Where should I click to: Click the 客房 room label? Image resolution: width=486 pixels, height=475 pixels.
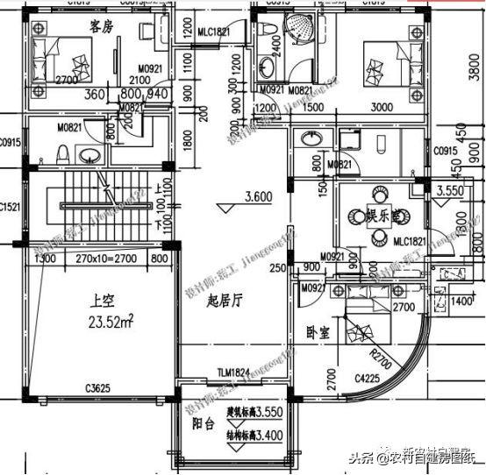click(x=103, y=26)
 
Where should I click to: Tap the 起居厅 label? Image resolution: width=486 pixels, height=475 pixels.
click(x=224, y=300)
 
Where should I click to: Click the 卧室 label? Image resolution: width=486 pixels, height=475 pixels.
click(x=318, y=333)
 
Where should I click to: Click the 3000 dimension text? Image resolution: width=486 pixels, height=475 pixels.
click(x=382, y=107)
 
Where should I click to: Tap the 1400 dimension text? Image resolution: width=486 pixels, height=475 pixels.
click(x=461, y=301)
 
